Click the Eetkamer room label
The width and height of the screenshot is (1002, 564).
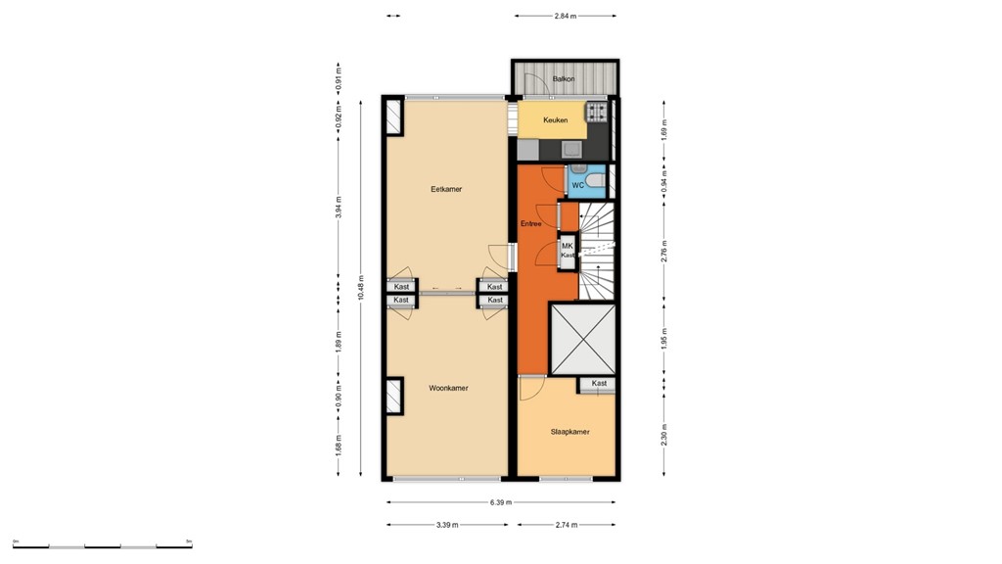point(446,189)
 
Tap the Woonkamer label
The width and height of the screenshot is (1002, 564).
point(448,388)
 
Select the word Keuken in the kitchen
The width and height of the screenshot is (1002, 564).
point(556,120)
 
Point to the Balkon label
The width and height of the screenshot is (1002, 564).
point(564,78)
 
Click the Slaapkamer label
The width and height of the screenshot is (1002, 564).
point(569,432)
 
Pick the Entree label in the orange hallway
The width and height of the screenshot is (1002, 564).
point(531,224)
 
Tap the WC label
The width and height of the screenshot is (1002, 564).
point(577,184)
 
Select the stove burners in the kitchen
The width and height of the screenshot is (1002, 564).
point(597,113)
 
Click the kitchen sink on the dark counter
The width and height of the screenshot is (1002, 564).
point(570,150)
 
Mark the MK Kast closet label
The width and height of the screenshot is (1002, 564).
point(568,250)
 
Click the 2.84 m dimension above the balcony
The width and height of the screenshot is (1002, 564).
point(566,16)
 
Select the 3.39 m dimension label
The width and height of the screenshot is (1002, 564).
point(448,526)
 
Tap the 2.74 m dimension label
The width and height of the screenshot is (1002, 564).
point(568,526)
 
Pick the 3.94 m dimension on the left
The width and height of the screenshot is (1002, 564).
point(339,208)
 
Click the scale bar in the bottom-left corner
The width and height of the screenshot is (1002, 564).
point(103,543)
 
